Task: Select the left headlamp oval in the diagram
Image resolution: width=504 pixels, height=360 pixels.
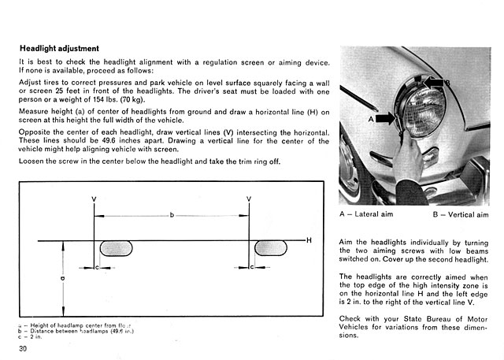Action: (x=116, y=248)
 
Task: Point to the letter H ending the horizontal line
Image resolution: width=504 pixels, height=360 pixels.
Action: (x=309, y=239)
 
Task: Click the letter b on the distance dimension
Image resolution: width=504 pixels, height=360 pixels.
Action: (x=172, y=215)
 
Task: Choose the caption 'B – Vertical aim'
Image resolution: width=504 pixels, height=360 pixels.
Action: (x=461, y=213)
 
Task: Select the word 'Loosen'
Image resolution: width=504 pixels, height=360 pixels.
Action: (x=32, y=161)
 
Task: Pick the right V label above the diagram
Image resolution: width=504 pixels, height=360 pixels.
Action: (x=249, y=198)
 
